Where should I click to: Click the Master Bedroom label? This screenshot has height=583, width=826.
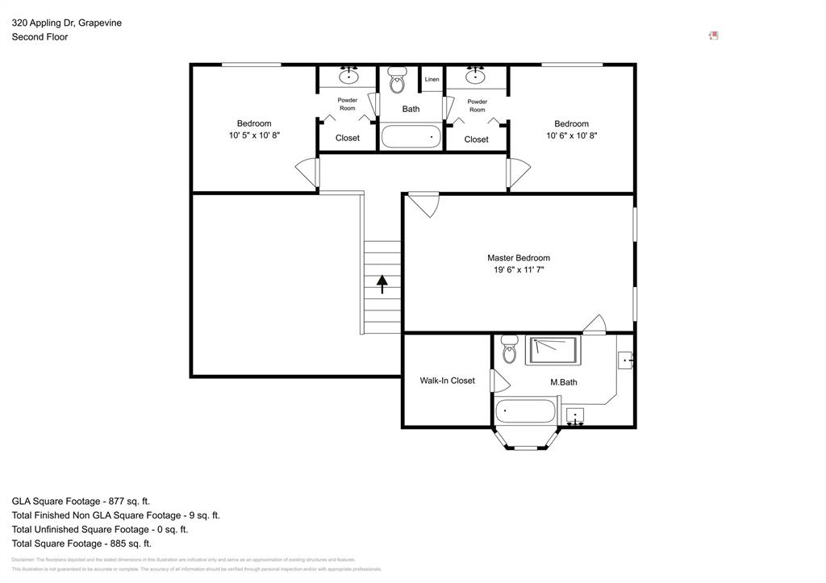(x=518, y=258)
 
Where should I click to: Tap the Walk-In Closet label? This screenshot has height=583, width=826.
(x=447, y=381)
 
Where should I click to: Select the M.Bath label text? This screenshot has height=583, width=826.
(x=563, y=382)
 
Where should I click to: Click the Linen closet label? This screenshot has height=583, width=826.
(x=432, y=79)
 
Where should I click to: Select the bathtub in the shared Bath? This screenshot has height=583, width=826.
(x=411, y=135)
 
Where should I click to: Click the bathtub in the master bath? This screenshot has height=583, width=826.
(x=525, y=411)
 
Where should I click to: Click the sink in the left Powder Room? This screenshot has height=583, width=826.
(x=348, y=77)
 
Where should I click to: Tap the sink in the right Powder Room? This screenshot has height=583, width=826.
(x=476, y=77)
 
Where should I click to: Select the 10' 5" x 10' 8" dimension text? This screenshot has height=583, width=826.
(x=254, y=135)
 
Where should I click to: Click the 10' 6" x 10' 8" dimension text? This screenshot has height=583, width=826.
(x=571, y=135)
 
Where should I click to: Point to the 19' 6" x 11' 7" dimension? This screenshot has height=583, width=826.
(x=518, y=270)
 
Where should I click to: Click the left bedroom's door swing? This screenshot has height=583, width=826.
(x=307, y=172)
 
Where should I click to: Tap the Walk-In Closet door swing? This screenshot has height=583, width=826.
(x=499, y=381)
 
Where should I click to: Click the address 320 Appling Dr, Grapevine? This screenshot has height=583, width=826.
(x=67, y=23)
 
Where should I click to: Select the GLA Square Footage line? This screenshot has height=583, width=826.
(x=81, y=501)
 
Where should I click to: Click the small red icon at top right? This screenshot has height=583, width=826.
(x=713, y=35)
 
